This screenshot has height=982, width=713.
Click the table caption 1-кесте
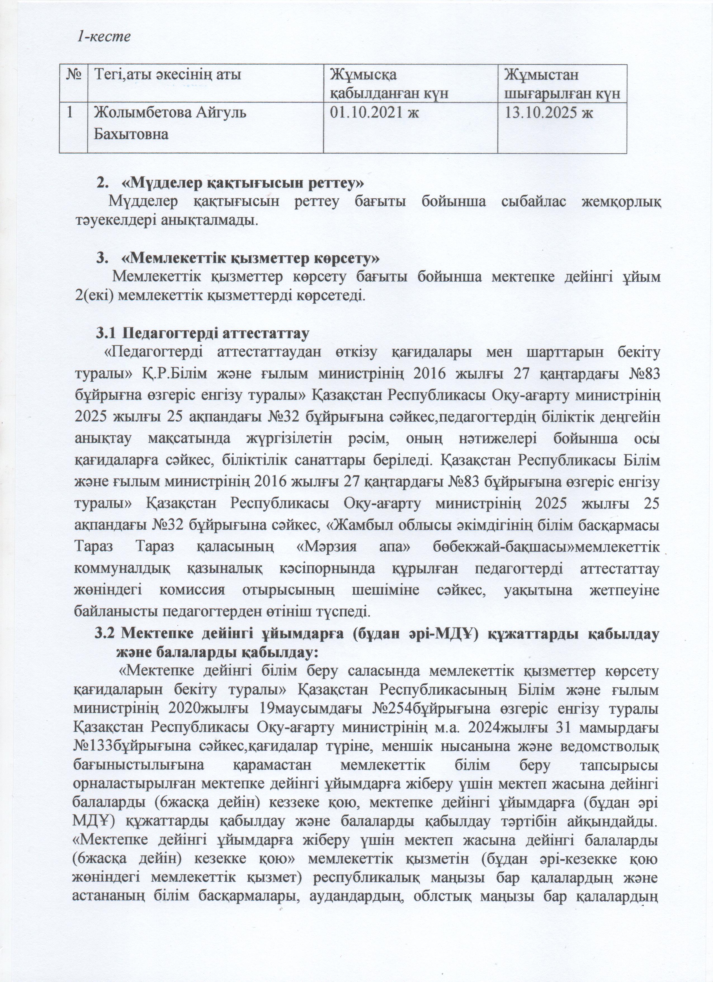coord(104,37)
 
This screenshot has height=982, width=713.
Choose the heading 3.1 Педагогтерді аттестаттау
coord(201,334)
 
